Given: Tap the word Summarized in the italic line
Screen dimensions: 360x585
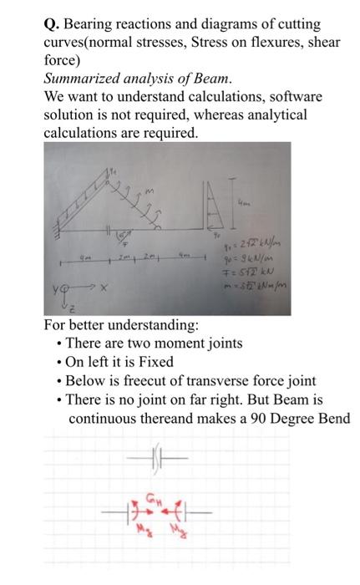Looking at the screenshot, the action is click(x=79, y=79).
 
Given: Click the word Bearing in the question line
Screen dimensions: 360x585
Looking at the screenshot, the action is click(x=85, y=25).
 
